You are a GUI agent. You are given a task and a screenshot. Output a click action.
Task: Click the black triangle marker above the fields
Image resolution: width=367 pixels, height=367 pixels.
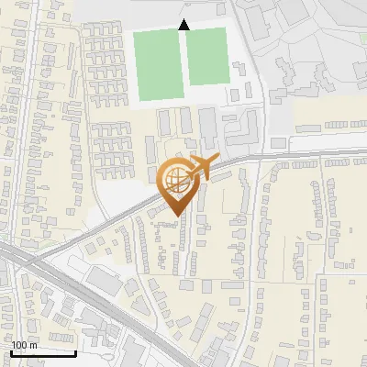[x=183, y=25]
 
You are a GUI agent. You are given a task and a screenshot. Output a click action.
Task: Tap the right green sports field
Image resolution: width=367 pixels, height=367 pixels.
[x=206, y=56]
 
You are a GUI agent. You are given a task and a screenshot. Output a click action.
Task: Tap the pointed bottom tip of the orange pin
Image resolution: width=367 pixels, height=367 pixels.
[x=174, y=215]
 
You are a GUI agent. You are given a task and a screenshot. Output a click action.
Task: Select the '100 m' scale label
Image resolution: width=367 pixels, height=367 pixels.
[x=25, y=345]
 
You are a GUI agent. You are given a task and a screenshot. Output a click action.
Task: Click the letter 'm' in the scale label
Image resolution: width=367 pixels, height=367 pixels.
[x=34, y=345]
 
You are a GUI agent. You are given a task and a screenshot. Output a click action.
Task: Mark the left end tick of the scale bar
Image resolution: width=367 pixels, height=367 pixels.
[x=10, y=351]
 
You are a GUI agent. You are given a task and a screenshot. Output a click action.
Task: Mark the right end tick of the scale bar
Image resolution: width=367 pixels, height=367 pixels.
[x=76, y=351]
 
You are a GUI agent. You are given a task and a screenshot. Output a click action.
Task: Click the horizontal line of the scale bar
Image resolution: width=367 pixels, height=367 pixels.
[x=43, y=353]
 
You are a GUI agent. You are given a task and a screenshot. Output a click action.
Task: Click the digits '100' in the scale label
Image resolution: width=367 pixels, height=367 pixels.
[x=19, y=345]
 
